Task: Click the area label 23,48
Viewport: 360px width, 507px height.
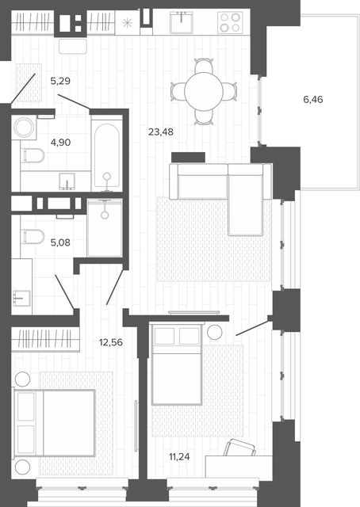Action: (161, 132)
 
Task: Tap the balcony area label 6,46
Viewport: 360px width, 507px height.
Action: (312, 99)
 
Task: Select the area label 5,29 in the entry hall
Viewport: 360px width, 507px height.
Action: (60, 81)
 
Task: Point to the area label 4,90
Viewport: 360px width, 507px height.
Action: (60, 143)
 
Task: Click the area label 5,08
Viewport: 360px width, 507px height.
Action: (60, 242)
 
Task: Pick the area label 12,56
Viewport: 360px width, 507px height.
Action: (111, 342)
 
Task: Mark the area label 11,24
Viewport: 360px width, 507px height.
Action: (179, 457)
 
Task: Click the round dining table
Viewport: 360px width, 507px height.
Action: (204, 92)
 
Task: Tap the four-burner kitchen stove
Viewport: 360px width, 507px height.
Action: (230, 22)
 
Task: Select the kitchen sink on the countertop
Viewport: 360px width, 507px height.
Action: (182, 22)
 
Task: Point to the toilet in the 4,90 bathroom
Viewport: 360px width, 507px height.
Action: (33, 155)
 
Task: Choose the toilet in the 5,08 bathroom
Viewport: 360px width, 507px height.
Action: (33, 236)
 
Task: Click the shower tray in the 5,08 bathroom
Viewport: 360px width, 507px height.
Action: (104, 228)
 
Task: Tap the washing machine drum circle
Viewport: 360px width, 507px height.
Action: (24, 127)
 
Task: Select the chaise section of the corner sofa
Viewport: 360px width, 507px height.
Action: (245, 200)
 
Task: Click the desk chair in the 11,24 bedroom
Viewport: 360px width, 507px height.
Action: (240, 447)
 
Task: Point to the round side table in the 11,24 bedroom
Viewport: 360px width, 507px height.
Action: (215, 332)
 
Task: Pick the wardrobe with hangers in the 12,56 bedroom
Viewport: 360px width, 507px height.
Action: (45, 339)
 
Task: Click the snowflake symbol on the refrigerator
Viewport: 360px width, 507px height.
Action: (127, 23)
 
